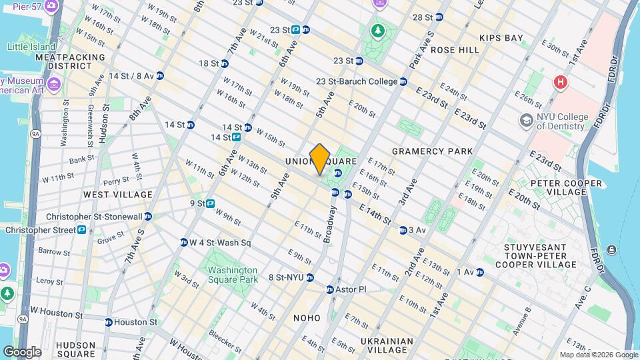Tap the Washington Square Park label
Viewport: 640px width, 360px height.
[x=232, y=275]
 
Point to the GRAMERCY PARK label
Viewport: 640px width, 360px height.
[x=432, y=151]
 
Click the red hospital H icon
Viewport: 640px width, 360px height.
[x=561, y=82]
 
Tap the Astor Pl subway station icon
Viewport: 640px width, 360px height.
[x=329, y=289]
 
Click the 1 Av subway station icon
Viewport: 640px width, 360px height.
[x=479, y=272]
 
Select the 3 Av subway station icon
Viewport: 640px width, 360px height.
[x=403, y=231]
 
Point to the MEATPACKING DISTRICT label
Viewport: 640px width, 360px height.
[x=71, y=62]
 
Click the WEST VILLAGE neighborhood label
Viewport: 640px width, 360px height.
[x=118, y=195]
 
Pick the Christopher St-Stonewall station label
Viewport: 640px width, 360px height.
[x=93, y=217]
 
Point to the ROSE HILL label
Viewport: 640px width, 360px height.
[x=455, y=50]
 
